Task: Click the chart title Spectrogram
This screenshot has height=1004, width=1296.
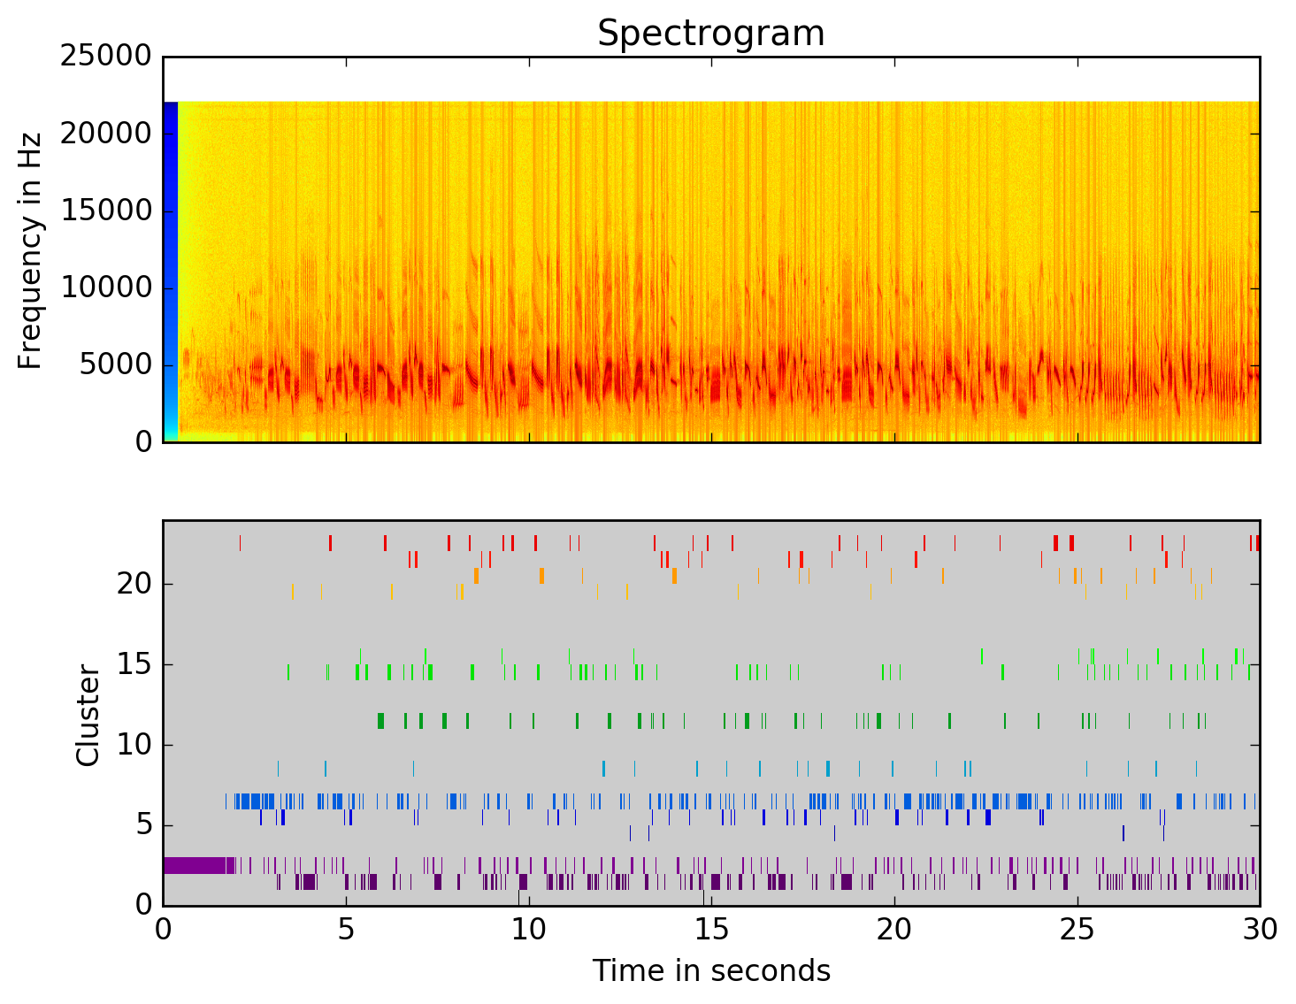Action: (710, 34)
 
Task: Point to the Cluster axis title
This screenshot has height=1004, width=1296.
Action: (88, 716)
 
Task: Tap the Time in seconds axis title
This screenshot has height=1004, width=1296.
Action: (711, 971)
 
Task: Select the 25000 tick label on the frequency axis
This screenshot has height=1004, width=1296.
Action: (105, 57)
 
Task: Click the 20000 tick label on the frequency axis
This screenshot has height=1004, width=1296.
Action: (105, 134)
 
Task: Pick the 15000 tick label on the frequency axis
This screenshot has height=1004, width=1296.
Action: (105, 211)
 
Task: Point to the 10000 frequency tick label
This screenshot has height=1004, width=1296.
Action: (105, 288)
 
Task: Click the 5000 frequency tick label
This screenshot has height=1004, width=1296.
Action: (115, 365)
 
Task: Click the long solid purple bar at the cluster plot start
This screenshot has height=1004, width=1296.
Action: (195, 865)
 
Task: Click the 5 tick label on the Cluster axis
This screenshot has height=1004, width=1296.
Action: (143, 826)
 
